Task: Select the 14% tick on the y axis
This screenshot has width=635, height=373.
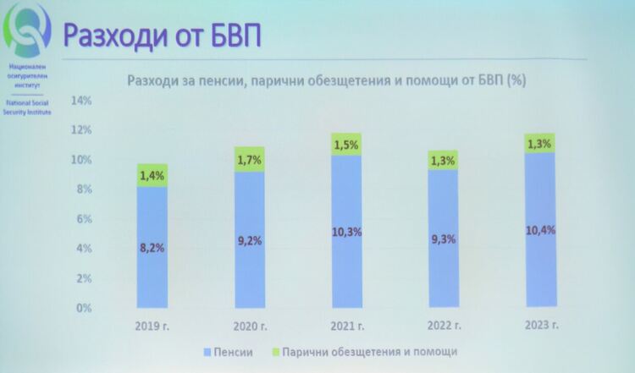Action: click(x=81, y=101)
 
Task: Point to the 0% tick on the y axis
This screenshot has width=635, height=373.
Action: click(x=84, y=308)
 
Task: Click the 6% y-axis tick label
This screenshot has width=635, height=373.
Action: click(x=84, y=219)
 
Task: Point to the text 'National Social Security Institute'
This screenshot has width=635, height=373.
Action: click(x=28, y=106)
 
